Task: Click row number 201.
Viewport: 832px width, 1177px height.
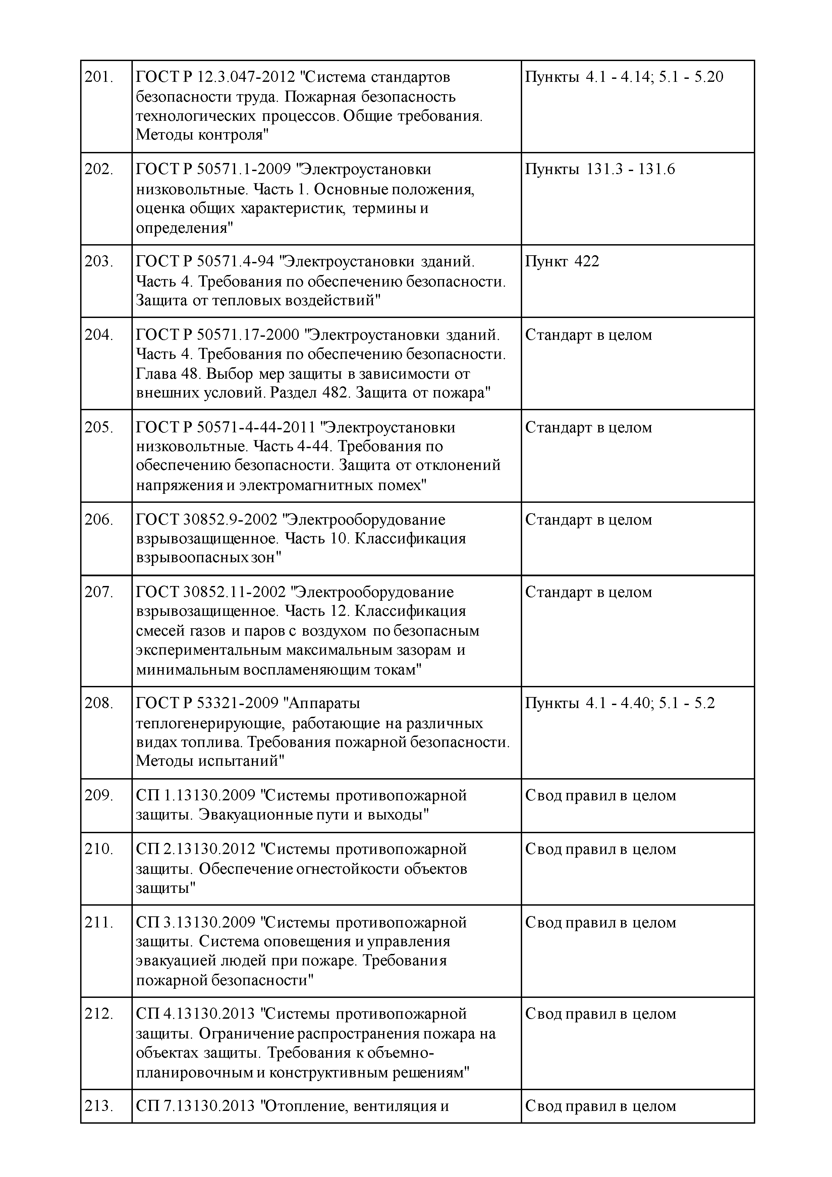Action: point(99,77)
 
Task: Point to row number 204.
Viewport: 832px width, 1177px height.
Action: point(99,335)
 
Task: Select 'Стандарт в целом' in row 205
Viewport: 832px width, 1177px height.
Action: point(589,428)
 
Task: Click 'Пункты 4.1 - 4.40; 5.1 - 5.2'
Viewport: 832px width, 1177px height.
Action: point(619,703)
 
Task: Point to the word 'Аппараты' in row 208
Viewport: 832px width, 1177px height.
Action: point(325,703)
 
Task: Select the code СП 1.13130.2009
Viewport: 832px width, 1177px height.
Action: point(195,796)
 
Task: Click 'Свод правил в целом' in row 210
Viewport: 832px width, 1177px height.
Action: point(600,849)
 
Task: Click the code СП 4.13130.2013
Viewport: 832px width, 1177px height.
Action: point(195,1014)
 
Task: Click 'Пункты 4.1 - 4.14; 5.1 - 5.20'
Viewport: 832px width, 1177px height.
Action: point(624,77)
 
